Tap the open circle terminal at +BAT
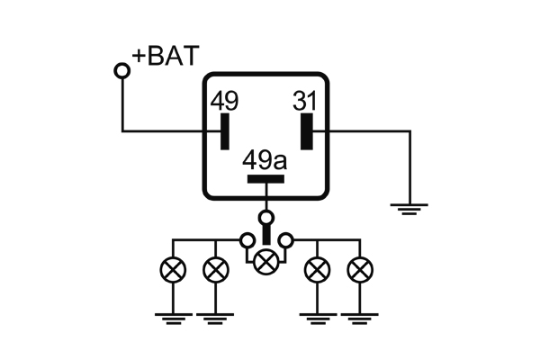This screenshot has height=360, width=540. (121, 70)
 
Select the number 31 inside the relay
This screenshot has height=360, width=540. (306, 102)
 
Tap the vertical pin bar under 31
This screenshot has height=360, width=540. (307, 131)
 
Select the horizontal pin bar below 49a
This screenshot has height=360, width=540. (265, 178)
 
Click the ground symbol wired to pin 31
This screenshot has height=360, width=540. (409, 210)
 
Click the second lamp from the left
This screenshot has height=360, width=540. (215, 268)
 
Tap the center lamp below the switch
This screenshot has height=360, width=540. (265, 262)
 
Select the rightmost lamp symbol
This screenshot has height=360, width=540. (361, 268)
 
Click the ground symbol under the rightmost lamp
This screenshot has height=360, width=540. (361, 316)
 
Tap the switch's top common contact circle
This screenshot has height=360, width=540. (265, 217)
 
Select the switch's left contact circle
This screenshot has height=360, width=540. (246, 240)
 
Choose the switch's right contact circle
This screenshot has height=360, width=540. (286, 240)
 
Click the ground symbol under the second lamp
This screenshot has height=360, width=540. (215, 316)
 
